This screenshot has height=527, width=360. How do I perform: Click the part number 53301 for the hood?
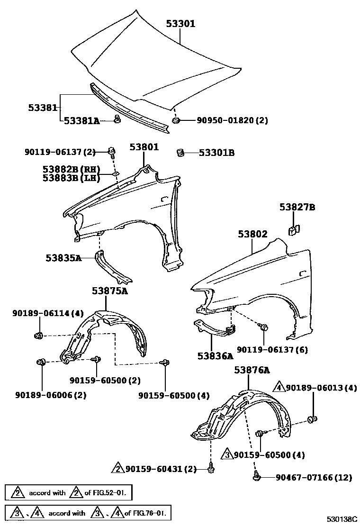point(180,23)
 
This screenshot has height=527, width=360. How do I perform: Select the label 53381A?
point(81,121)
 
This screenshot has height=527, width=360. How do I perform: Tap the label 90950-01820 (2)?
point(232,120)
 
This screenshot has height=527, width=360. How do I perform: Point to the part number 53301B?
point(216,153)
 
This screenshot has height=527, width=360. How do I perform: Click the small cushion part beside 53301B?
point(180,153)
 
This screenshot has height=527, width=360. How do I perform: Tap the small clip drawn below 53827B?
point(293,230)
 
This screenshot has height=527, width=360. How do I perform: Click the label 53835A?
point(63,258)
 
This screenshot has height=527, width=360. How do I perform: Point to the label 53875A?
point(109,291)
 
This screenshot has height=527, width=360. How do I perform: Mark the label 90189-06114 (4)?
point(48,313)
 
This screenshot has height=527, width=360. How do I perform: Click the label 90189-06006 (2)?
point(51,395)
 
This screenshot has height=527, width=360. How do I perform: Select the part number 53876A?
point(251,370)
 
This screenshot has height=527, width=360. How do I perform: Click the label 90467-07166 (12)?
point(314,477)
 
